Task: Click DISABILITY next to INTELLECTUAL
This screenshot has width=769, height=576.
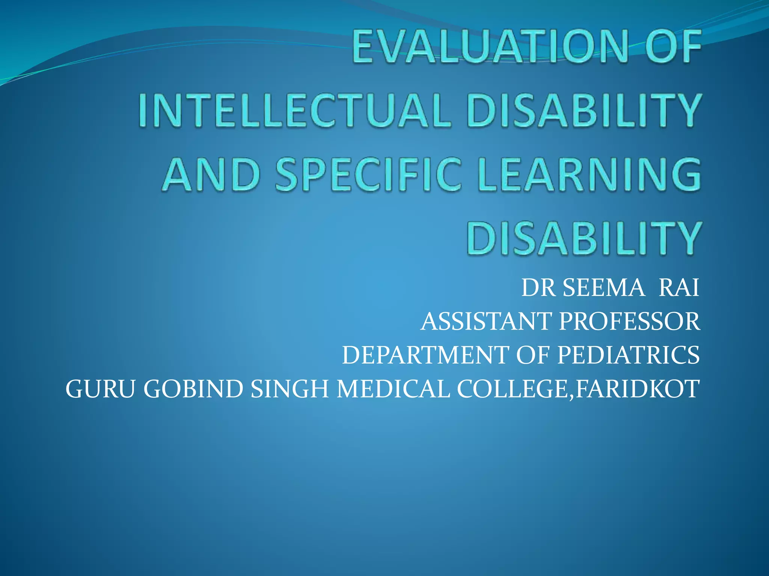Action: click(584, 111)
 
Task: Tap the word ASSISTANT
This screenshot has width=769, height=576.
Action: click(486, 322)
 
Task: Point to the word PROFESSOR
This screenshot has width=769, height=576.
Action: click(629, 322)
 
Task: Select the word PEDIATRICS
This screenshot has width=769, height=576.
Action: click(628, 355)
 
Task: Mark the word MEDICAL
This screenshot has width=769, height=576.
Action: click(393, 389)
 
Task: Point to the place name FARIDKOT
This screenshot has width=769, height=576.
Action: click(637, 389)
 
